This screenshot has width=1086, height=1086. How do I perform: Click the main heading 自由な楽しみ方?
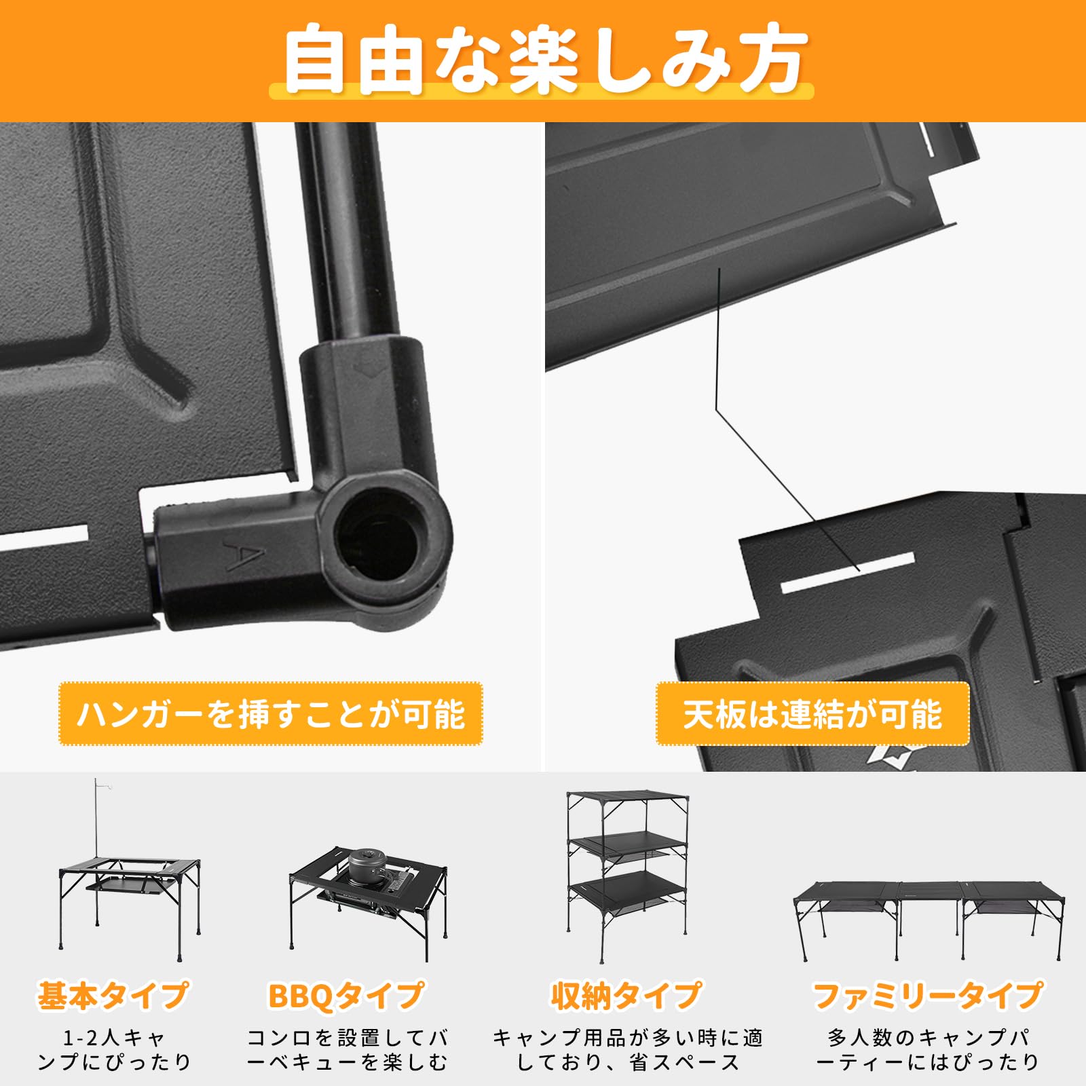click(x=543, y=60)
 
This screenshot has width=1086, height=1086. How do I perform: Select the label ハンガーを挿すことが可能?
click(x=270, y=714)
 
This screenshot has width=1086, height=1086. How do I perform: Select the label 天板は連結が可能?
click(x=812, y=714)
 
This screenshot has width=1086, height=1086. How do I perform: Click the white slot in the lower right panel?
click(x=848, y=572)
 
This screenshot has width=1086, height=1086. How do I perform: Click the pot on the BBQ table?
click(x=367, y=865)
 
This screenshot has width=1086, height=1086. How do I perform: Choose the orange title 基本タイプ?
click(x=113, y=996)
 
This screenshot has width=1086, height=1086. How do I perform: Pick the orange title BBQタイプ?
click(x=346, y=996)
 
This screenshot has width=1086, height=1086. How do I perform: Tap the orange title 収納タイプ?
click(x=626, y=996)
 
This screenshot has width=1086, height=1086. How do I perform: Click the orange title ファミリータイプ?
click(x=927, y=996)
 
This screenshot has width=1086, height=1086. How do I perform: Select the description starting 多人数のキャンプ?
click(x=927, y=1049)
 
